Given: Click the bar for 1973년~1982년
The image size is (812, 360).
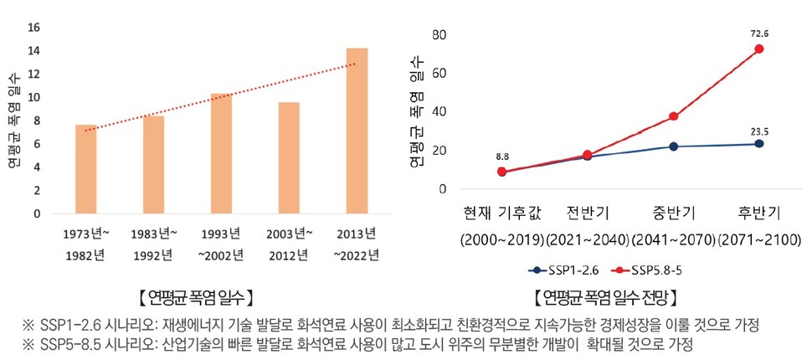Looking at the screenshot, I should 85,169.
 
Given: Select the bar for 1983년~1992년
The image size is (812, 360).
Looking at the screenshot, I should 153,165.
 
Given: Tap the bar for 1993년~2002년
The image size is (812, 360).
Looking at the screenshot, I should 221,154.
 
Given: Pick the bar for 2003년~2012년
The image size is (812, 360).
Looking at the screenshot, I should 289,158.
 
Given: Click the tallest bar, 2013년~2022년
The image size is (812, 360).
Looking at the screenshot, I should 357,131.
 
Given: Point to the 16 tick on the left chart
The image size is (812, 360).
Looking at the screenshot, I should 34,27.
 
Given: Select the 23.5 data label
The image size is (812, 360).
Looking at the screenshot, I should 758,130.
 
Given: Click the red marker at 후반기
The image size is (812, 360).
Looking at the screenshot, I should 758,49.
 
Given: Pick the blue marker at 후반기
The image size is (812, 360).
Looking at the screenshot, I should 758,144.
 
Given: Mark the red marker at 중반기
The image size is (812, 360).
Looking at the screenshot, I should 673,116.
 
